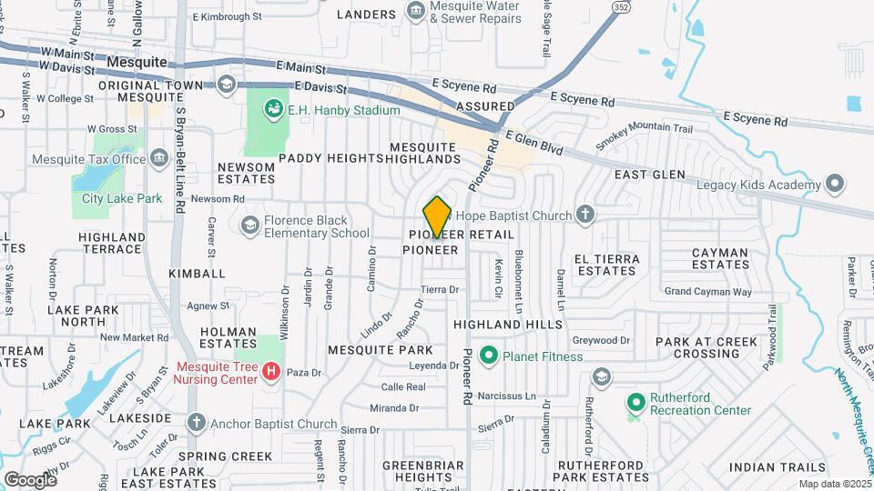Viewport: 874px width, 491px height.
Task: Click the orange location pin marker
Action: click(437, 217)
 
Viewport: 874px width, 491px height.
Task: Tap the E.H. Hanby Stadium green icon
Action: click(272, 110)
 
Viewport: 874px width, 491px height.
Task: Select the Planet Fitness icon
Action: click(489, 356)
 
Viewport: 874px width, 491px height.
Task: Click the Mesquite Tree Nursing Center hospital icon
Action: click(270, 371)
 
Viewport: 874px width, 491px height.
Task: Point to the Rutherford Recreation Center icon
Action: click(635, 401)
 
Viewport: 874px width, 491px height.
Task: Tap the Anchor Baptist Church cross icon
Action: click(196, 423)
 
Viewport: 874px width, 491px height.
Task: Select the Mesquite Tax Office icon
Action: click(159, 159)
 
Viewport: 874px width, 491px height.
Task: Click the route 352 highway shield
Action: click(621, 5)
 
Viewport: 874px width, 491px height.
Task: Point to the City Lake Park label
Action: click(121, 198)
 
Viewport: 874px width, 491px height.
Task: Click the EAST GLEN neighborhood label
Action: click(645, 174)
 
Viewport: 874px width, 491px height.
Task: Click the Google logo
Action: click(30, 479)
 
